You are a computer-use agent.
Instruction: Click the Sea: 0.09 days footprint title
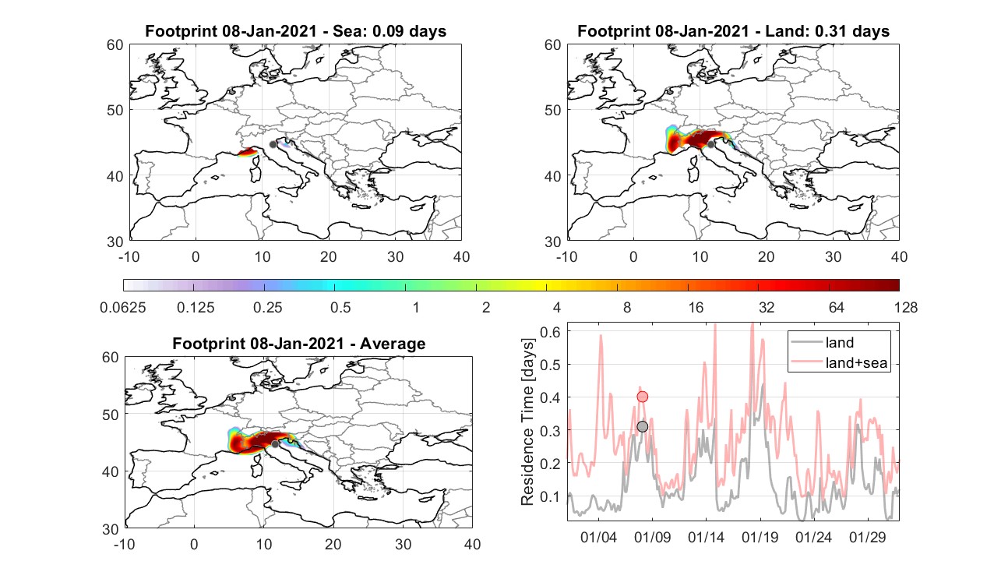[295, 31]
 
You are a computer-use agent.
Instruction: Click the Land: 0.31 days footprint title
[734, 31]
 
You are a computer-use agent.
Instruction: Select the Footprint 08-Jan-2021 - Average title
[298, 344]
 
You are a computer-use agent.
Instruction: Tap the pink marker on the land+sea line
[642, 397]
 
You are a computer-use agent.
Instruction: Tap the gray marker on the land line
[642, 426]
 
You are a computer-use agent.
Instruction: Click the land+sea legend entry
[840, 362]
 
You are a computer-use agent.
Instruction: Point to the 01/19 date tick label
[760, 537]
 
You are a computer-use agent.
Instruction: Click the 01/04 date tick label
[598, 537]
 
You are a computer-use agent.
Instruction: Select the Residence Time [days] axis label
[527, 422]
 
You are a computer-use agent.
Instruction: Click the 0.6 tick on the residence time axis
[550, 332]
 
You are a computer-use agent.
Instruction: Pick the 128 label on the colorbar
[906, 307]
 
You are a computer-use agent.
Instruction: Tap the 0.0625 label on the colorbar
[123, 307]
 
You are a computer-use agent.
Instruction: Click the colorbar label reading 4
[556, 307]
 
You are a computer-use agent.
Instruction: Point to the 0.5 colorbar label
[340, 307]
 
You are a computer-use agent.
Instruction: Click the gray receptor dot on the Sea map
[273, 144]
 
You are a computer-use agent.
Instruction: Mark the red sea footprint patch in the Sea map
[247, 152]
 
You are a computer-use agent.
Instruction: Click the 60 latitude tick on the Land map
[552, 45]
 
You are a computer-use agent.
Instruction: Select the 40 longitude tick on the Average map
[473, 544]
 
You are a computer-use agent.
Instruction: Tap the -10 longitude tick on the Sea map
[129, 256]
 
